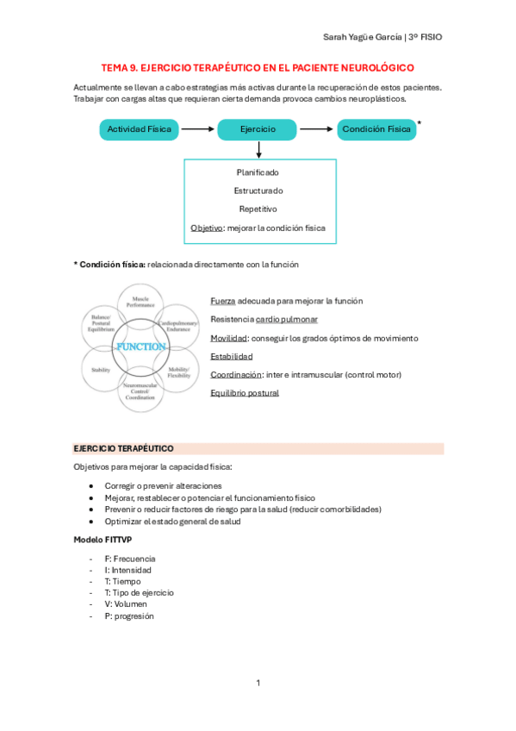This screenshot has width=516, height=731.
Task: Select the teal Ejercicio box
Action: click(258, 129)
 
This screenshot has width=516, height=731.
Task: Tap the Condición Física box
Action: click(376, 129)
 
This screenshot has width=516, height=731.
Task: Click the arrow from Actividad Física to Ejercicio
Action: click(197, 129)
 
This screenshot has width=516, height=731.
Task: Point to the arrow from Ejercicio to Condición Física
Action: click(316, 129)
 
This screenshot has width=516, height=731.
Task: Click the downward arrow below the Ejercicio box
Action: click(258, 149)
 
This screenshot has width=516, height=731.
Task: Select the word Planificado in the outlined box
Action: click(258, 172)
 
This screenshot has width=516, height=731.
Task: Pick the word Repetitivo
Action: click(258, 209)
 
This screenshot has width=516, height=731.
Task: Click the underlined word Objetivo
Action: click(206, 228)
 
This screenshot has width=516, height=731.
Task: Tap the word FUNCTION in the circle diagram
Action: click(140, 347)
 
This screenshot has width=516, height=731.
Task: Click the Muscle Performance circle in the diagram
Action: click(140, 302)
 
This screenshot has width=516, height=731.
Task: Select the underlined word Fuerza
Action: click(222, 301)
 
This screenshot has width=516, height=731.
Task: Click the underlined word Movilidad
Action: click(228, 338)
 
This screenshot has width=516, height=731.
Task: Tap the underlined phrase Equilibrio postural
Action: click(245, 393)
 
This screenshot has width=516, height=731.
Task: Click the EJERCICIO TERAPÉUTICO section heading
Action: click(124, 449)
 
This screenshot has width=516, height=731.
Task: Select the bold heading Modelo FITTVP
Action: click(103, 539)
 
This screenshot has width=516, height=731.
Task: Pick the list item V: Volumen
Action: click(126, 604)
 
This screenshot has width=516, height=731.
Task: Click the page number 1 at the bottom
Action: click(258, 684)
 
